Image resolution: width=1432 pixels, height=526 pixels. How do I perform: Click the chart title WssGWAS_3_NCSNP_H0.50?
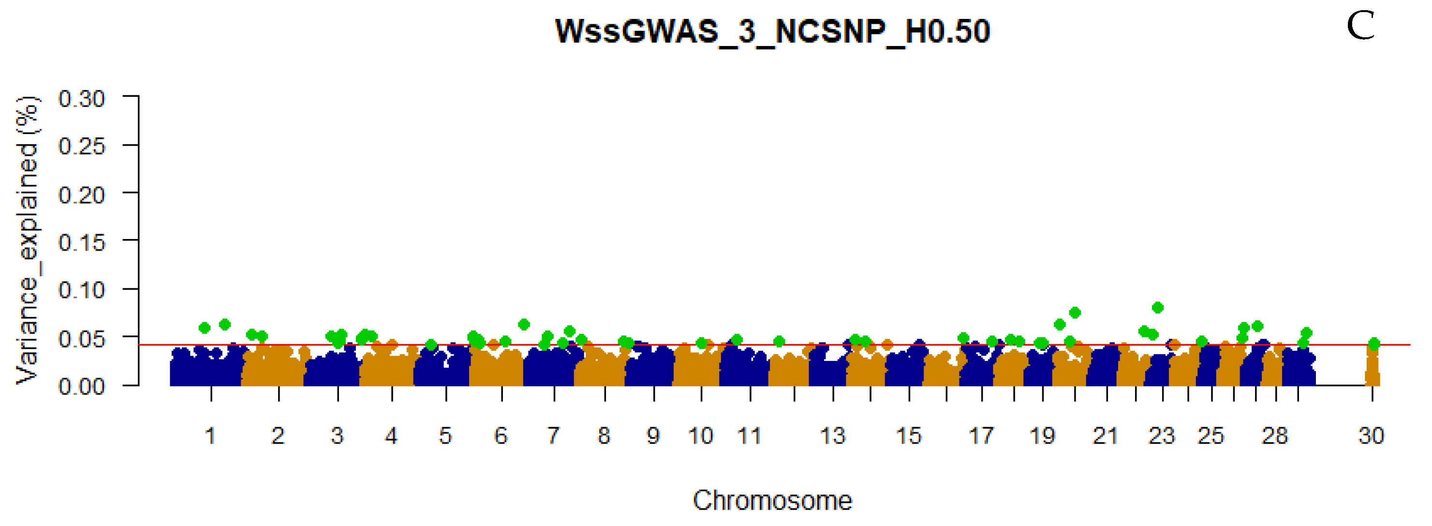click(x=773, y=31)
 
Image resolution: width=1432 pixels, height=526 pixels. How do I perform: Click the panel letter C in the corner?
click(x=1360, y=26)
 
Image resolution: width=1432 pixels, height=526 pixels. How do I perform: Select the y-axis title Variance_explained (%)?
click(x=27, y=240)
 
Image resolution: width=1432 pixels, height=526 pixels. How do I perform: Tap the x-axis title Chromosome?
click(x=772, y=501)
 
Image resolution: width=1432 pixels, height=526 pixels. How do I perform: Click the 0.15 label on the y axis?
click(x=81, y=242)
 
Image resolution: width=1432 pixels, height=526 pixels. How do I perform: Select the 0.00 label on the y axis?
click(x=81, y=386)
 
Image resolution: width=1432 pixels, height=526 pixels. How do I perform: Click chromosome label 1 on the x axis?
click(x=210, y=436)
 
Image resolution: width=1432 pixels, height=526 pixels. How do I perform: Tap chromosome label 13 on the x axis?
click(x=832, y=436)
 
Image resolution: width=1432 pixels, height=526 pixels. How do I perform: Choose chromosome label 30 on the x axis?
click(x=1371, y=436)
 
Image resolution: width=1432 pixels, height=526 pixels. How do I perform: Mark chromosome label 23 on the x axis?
click(x=1161, y=436)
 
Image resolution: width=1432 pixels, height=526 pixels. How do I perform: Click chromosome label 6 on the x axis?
click(x=501, y=436)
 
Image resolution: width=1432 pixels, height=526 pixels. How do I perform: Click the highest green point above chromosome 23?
click(x=1157, y=307)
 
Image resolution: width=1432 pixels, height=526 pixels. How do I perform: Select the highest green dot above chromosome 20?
click(x=1075, y=313)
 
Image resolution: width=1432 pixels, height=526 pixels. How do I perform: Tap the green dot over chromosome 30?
click(x=1373, y=344)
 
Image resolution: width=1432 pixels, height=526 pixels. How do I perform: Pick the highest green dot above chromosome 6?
click(x=524, y=324)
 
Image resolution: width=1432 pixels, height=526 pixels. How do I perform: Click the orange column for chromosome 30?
click(x=1372, y=370)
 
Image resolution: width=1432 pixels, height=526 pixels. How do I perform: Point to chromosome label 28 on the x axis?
click(x=1275, y=436)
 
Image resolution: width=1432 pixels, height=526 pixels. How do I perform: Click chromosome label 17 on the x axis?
click(x=981, y=436)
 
